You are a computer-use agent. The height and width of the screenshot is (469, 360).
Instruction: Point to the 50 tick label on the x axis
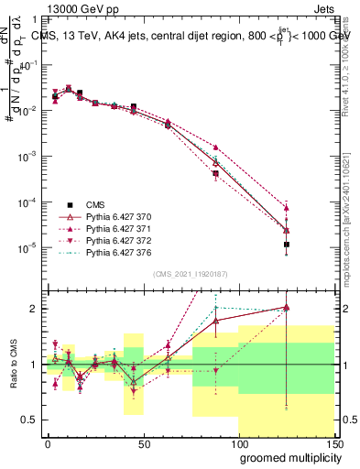(143, 443)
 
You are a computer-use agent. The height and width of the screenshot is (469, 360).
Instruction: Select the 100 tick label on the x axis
(238, 443)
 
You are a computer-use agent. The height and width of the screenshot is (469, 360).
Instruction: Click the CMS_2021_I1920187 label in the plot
(190, 274)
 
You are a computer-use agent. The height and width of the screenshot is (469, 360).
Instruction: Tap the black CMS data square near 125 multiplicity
(287, 245)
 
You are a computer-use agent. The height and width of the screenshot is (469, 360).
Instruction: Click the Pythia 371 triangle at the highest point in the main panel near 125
(287, 206)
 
